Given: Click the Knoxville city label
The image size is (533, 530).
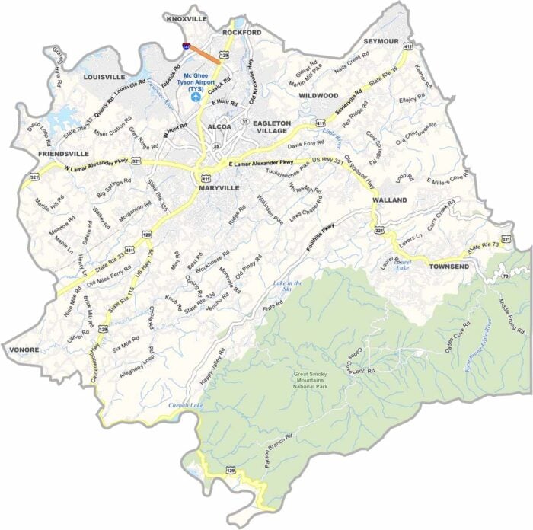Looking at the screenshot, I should pos(187,18).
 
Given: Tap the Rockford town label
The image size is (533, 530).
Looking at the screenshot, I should pos(241,33).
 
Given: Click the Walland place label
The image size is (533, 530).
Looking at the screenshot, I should pos(390,200).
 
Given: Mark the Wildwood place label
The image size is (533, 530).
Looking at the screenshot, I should pos(318,96).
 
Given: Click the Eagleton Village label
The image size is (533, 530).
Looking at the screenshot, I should pos(272,126).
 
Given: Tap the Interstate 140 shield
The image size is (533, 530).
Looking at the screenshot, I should pos(187,47).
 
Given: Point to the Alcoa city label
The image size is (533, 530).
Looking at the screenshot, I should pos(219,126).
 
